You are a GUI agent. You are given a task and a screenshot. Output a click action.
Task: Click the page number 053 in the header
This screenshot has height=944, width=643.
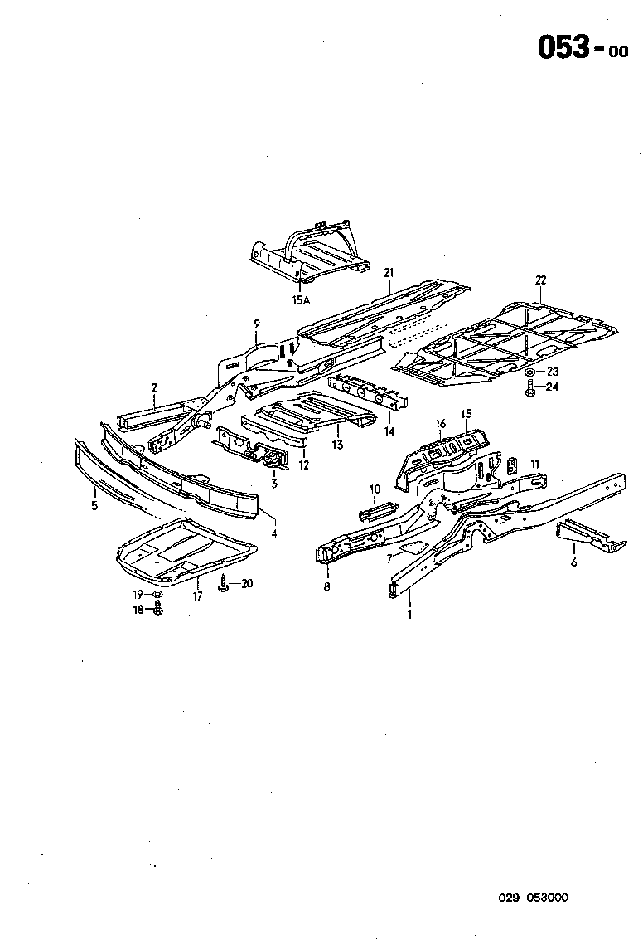(x=563, y=48)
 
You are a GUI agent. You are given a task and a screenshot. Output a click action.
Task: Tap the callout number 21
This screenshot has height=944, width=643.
(x=389, y=273)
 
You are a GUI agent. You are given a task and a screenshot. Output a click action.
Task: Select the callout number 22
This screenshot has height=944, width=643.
(x=541, y=280)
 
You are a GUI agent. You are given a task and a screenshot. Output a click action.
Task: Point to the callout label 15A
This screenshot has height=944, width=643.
(x=300, y=301)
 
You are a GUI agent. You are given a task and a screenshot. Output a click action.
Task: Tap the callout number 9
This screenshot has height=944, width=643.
(x=257, y=323)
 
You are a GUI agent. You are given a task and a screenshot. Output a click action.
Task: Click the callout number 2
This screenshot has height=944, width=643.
(x=154, y=387)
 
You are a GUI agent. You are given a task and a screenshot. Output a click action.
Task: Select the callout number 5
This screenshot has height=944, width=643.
(x=94, y=504)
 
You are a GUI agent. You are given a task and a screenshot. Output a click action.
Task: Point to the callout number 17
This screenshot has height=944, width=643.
(x=197, y=596)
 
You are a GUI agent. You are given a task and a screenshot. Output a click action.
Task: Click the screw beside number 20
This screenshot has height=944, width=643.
(x=225, y=585)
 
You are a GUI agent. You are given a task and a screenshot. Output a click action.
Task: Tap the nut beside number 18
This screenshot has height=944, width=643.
(x=159, y=610)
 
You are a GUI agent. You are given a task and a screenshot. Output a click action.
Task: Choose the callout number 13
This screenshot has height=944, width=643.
(x=337, y=445)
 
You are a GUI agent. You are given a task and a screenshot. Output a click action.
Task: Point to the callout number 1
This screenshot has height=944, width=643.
(x=408, y=615)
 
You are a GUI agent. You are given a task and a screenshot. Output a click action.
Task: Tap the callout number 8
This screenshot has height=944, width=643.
(x=326, y=586)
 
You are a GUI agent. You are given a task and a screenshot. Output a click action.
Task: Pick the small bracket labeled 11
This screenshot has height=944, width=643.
(x=512, y=467)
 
